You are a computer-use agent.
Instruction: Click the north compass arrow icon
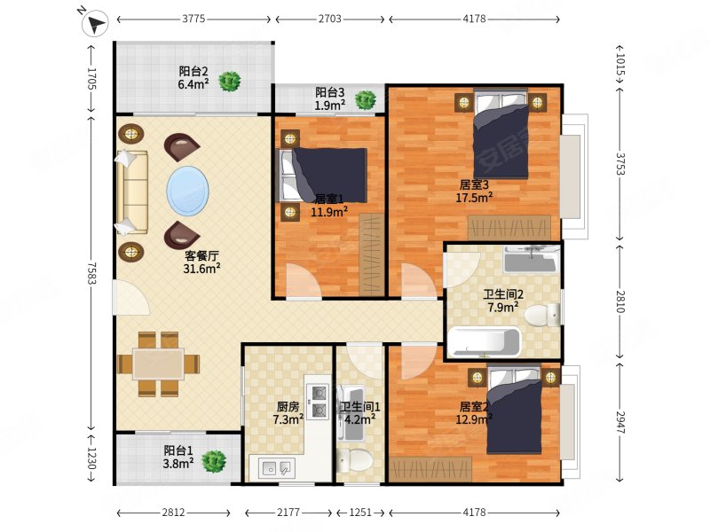(95, 23)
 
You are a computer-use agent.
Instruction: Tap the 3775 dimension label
(193, 19)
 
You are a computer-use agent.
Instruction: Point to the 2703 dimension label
(329, 19)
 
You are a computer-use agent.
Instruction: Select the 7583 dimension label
(92, 273)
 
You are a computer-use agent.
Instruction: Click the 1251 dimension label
(360, 512)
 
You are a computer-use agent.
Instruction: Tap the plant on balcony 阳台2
(230, 82)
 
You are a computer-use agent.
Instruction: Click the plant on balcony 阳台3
(365, 100)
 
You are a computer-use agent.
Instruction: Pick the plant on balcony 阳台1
(214, 461)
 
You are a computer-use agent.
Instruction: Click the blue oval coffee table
(188, 191)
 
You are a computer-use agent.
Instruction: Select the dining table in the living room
(159, 364)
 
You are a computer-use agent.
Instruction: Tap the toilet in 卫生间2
(542, 315)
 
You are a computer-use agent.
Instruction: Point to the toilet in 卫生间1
(354, 461)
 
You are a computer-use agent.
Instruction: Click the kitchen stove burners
(318, 401)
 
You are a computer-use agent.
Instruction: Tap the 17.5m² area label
(474, 197)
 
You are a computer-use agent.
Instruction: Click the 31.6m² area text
(202, 269)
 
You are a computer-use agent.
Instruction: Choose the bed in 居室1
(323, 175)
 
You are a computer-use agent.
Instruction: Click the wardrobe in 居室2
(430, 469)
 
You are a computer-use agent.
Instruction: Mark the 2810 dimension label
(620, 301)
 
